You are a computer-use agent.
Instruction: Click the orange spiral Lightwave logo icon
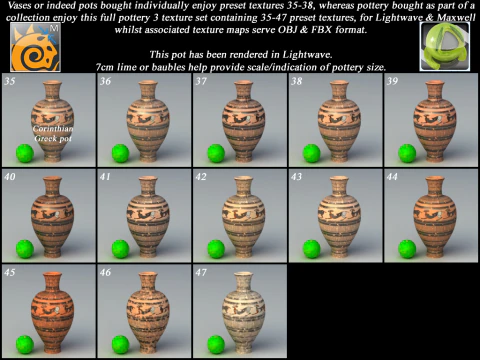pyautogui.click(x=35, y=47)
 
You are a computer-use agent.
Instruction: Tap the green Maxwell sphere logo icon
pyautogui.click(x=445, y=47)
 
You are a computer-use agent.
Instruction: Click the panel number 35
pyautogui.click(x=10, y=81)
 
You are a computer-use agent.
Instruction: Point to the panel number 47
pyautogui.click(x=201, y=272)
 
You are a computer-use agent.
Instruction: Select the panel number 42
pyautogui.click(x=201, y=177)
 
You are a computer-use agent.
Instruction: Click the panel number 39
pyautogui.click(x=392, y=81)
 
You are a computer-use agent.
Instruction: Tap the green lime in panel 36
pyautogui.click(x=120, y=153)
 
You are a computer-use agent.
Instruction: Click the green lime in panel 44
pyautogui.click(x=407, y=249)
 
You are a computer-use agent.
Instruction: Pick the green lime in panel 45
pyautogui.click(x=25, y=345)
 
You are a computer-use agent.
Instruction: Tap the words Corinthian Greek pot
pyautogui.click(x=53, y=133)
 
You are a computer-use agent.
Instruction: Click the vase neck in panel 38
pyautogui.click(x=339, y=89)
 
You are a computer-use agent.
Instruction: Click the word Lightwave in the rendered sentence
pyautogui.click(x=307, y=54)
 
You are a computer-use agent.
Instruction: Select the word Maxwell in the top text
pyautogui.click(x=456, y=17)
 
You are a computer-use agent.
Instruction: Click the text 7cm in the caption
pyautogui.click(x=105, y=67)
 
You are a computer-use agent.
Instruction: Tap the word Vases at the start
pyautogui.click(x=20, y=5)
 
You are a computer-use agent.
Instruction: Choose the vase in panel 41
pyautogui.click(x=148, y=217)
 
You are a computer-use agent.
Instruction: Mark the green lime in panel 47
pyautogui.click(x=216, y=345)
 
